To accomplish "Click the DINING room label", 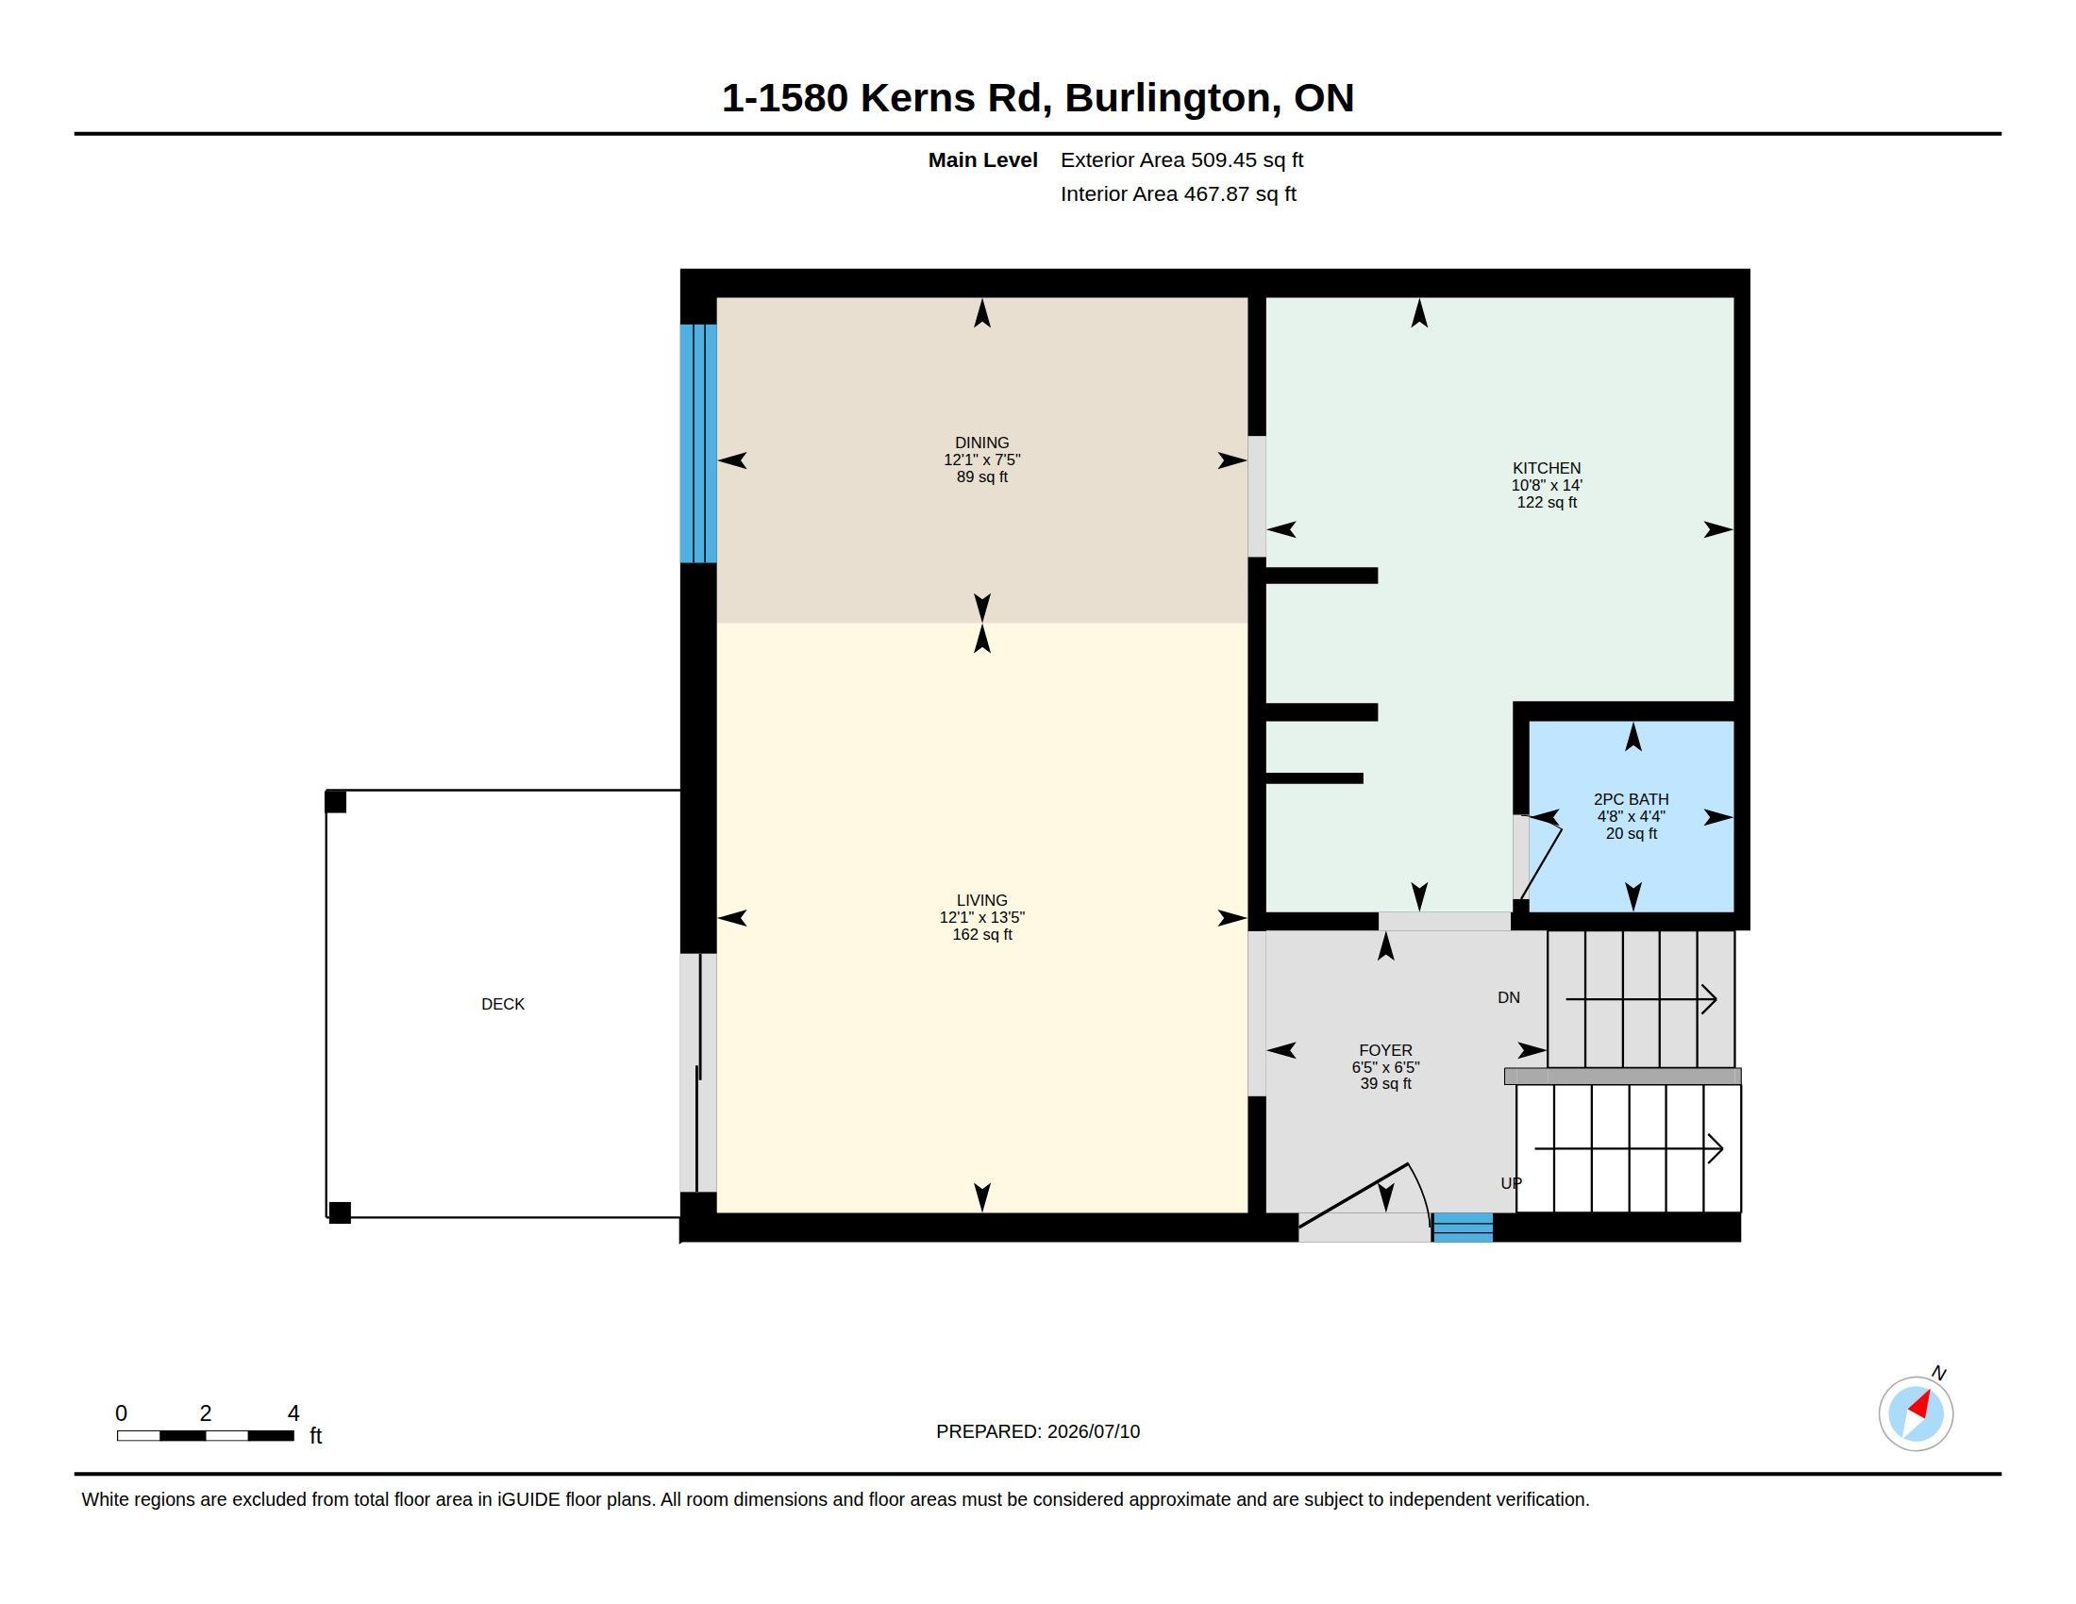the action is click(982, 443).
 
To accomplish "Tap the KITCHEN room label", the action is click(1547, 469).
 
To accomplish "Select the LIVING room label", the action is click(982, 900).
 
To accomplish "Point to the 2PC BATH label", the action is click(1632, 799).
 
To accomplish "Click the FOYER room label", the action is click(1386, 1050).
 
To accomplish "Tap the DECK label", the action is click(503, 1005).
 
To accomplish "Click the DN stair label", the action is click(1509, 997).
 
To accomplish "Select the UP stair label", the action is click(1511, 1183).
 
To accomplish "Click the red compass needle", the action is click(1920, 1405).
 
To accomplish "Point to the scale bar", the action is click(206, 1436).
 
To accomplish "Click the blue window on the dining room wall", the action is click(697, 443).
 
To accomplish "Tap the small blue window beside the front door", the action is click(1462, 1227).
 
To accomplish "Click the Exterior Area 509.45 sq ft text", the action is click(1181, 159).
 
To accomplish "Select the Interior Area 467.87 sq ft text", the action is click(1178, 193).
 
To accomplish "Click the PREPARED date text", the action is click(1038, 1431).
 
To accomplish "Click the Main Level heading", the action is click(983, 159).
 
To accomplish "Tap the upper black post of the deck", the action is click(336, 802).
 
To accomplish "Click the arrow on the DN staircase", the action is click(1641, 999).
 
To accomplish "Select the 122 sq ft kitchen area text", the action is click(1547, 503).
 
